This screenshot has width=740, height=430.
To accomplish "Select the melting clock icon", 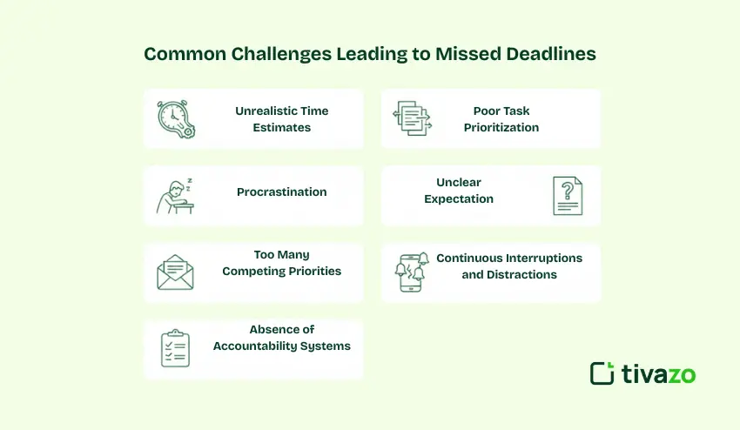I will click(x=175, y=119).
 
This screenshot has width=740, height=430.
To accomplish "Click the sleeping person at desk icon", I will click(x=175, y=195).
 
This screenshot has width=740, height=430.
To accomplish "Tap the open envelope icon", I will click(x=175, y=272).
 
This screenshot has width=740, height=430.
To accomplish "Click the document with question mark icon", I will click(x=568, y=195).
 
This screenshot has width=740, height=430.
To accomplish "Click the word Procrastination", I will click(x=281, y=191).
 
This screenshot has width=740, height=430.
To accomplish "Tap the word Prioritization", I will click(x=501, y=127).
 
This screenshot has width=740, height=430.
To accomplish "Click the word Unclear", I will click(x=459, y=183).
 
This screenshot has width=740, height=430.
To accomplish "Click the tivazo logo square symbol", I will click(x=602, y=373).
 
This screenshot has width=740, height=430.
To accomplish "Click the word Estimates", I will click(x=282, y=127).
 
